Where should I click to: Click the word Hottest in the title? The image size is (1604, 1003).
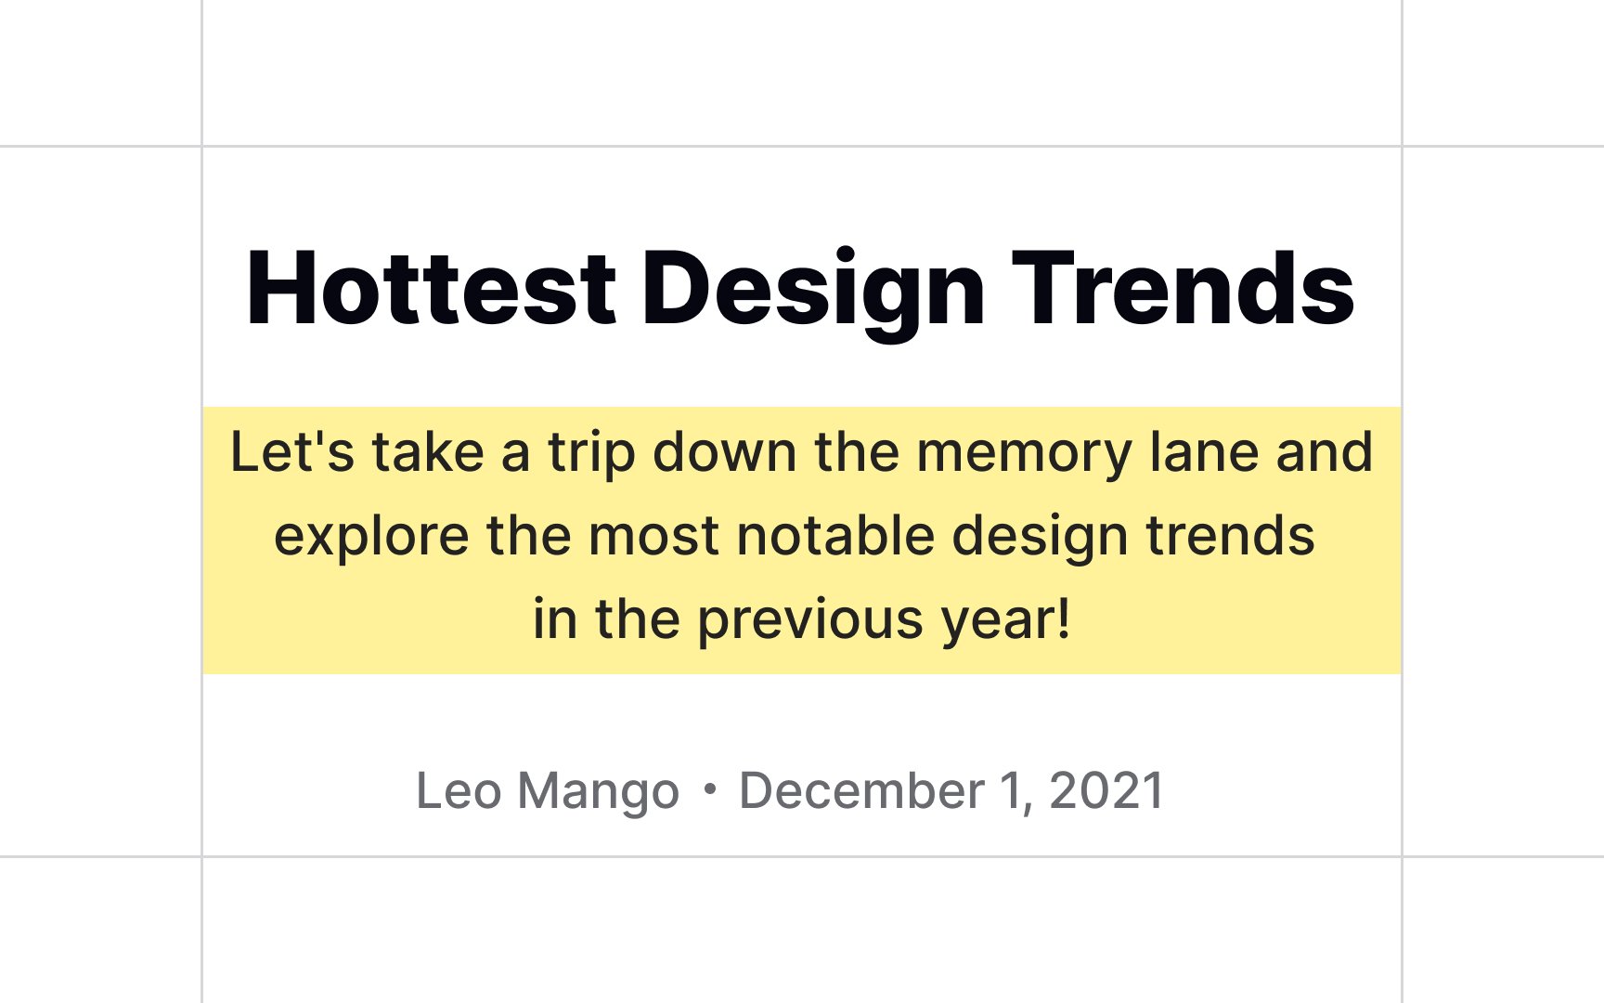click(431, 289)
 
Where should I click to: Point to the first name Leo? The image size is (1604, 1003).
click(459, 791)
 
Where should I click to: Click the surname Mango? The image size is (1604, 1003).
click(599, 795)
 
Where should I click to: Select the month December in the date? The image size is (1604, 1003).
click(861, 791)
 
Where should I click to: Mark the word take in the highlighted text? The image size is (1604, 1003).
click(428, 452)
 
